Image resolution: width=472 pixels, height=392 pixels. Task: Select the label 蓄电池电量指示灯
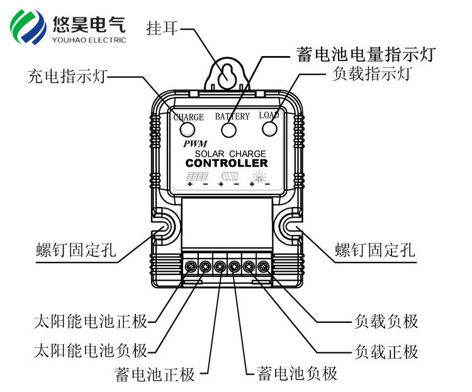(x=365, y=54)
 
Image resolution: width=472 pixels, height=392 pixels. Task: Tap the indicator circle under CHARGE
(x=188, y=130)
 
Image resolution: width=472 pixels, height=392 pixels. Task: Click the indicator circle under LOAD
(x=270, y=129)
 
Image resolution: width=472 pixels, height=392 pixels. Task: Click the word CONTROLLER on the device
(x=227, y=164)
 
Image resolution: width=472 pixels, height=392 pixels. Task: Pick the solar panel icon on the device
(x=198, y=177)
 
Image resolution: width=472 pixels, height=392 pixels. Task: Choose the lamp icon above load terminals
(x=260, y=177)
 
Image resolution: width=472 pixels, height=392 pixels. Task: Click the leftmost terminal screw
(x=191, y=266)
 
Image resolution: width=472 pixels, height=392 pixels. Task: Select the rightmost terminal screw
(x=263, y=266)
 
